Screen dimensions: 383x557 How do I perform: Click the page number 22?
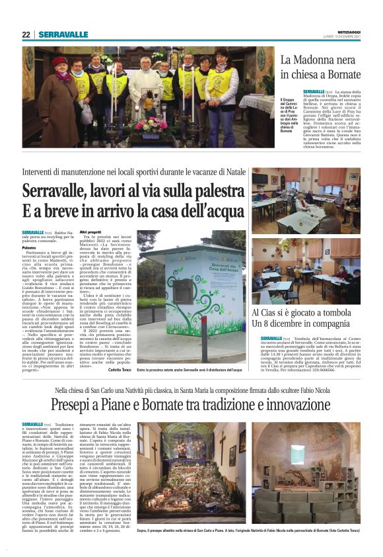[x=26, y=34]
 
